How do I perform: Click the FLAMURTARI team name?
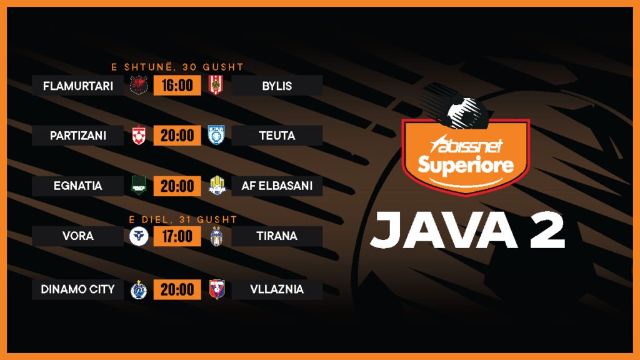78,86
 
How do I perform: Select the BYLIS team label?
277,86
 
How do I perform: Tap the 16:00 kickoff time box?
177,85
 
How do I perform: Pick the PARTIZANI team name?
78,136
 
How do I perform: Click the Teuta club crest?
216,135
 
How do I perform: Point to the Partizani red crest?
139,135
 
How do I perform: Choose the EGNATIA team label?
78,186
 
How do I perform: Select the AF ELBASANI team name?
277,186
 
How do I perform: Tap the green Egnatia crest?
139,185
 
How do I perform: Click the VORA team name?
78,236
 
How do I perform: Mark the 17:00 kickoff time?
177,236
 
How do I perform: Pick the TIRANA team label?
277,236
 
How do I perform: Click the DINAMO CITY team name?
78,289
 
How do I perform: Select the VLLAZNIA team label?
277,289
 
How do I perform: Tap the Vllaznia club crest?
216,289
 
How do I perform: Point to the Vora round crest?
139,236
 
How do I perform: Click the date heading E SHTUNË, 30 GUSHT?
177,67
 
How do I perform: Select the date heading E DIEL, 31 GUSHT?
183,219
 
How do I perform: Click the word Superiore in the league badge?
466,165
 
